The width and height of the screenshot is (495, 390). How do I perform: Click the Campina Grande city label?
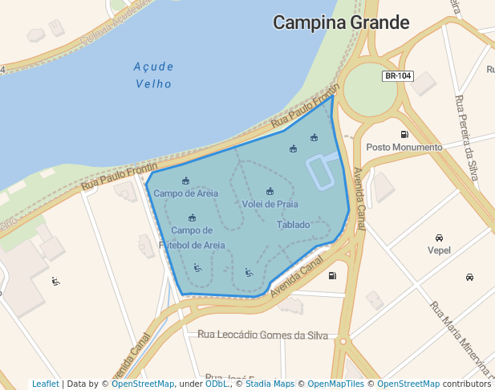pyautogui.click(x=341, y=22)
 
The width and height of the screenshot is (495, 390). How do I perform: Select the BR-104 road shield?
pyautogui.click(x=398, y=76)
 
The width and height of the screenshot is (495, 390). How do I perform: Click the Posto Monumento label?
pyautogui.click(x=404, y=148)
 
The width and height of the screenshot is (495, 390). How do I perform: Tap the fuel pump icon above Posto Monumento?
pyautogui.click(x=404, y=134)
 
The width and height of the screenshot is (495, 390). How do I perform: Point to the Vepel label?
pyautogui.click(x=439, y=250)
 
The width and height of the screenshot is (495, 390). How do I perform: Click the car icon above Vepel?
pyautogui.click(x=439, y=238)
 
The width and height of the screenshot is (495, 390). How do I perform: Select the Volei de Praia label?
pyautogui.click(x=270, y=204)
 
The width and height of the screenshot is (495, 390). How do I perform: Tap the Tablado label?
pyautogui.click(x=293, y=225)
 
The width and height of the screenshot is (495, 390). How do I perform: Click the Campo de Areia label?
pyautogui.click(x=185, y=193)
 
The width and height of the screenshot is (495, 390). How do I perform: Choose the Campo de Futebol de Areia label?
pyautogui.click(x=192, y=238)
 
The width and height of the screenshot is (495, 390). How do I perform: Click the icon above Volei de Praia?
pyautogui.click(x=270, y=191)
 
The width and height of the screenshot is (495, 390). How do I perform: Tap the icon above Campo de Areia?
pyautogui.click(x=186, y=180)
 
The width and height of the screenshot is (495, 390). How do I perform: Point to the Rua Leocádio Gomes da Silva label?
pyautogui.click(x=262, y=335)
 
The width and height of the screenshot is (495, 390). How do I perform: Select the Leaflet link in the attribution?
pyautogui.click(x=45, y=384)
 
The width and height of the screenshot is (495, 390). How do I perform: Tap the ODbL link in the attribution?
pyautogui.click(x=216, y=384)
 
